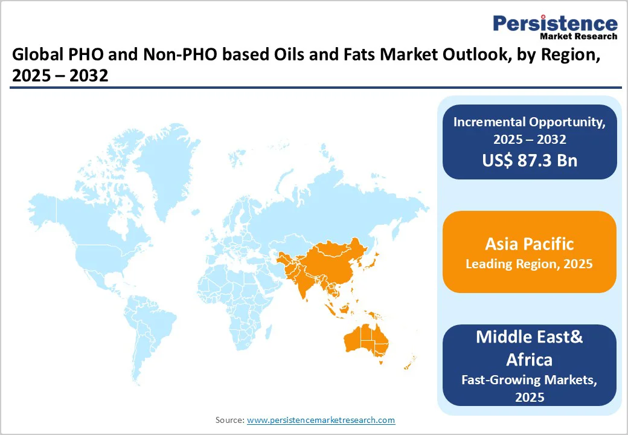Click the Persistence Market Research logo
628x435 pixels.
[x=555, y=27]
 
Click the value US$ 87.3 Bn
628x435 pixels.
[x=529, y=161]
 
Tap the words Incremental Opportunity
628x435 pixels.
[x=529, y=121]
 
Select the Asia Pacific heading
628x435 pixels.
[x=529, y=244]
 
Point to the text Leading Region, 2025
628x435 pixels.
[x=529, y=265]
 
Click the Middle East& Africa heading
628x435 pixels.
[x=529, y=347]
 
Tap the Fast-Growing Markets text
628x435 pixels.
[x=529, y=380]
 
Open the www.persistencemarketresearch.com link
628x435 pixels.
[x=321, y=419]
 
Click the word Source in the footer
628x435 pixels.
[x=229, y=419]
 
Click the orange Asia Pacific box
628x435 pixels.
[x=529, y=252]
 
